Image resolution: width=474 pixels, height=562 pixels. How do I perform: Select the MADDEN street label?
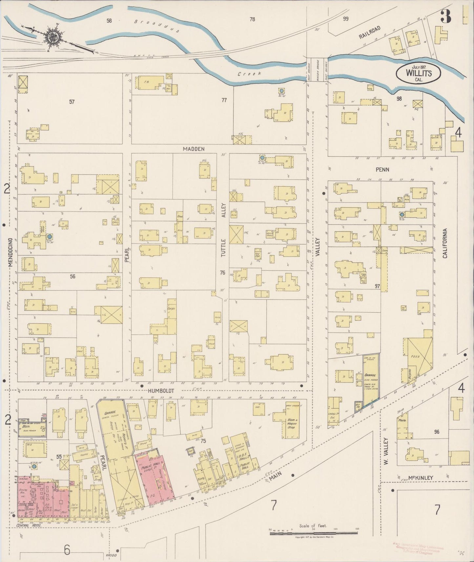[194, 149]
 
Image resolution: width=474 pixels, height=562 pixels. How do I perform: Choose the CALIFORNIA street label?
[445, 243]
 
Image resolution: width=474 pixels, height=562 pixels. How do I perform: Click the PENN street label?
[382, 170]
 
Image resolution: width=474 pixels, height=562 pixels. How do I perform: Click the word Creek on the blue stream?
[250, 74]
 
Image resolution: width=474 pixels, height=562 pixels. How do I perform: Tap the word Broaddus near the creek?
[156, 26]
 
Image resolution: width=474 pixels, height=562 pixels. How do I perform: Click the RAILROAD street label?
[369, 33]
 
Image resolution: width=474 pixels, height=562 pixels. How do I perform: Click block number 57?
[72, 102]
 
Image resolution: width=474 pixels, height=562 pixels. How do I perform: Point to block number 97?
[377, 286]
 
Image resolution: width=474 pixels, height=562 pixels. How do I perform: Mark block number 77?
[224, 100]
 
